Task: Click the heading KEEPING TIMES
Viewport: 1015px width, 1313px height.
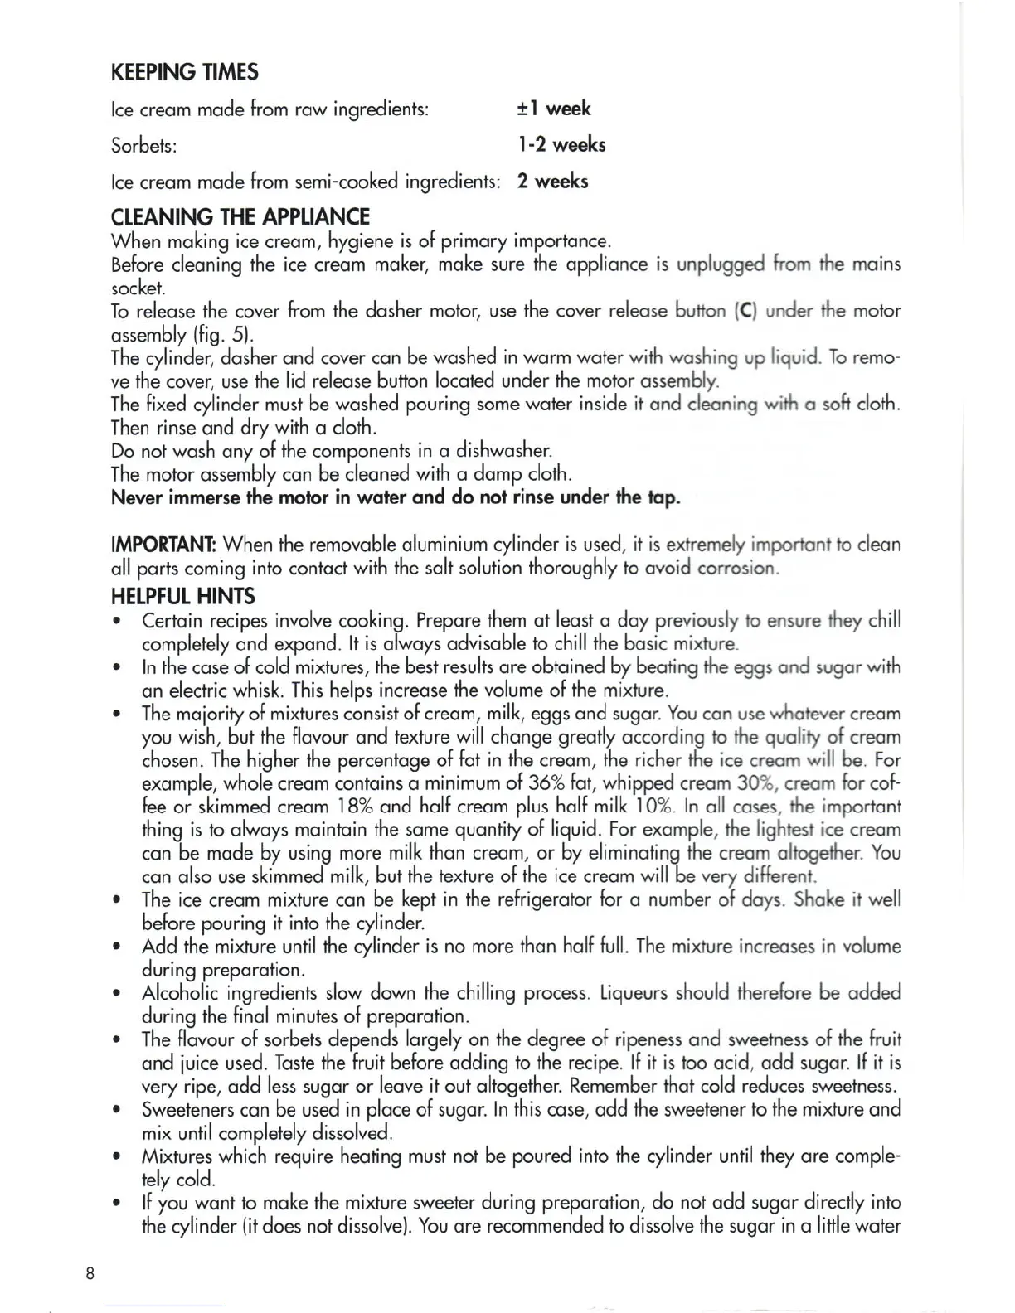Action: [184, 72]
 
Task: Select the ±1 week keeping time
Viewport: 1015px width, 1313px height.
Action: [553, 109]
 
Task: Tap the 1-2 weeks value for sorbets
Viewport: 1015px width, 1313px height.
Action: [561, 145]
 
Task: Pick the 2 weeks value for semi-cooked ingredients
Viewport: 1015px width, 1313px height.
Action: [552, 182]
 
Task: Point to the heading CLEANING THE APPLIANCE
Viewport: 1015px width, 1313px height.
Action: [240, 217]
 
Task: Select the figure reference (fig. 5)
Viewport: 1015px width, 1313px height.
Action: [223, 335]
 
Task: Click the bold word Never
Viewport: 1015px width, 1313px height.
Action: [137, 498]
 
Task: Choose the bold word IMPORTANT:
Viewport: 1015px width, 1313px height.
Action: [164, 545]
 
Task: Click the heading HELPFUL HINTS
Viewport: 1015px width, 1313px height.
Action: [183, 597]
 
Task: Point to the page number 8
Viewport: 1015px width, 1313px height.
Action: [90, 1273]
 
